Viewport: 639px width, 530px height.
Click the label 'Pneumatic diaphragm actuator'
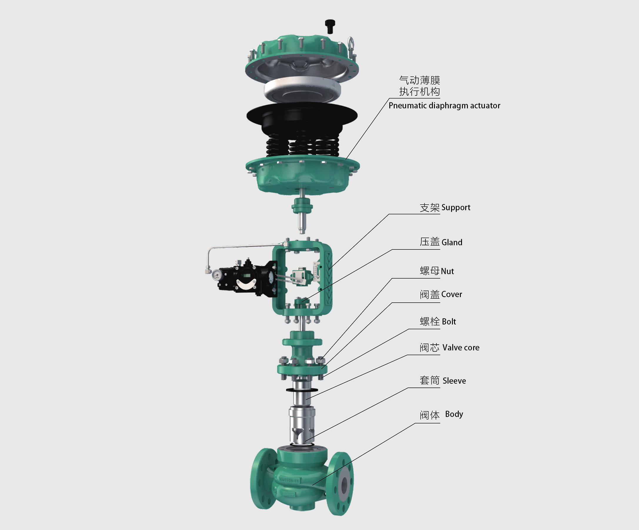[x=444, y=105]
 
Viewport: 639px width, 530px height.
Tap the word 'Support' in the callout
[x=456, y=207]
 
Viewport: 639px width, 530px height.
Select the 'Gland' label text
[x=452, y=242]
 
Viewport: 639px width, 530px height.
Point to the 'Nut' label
[x=447, y=271]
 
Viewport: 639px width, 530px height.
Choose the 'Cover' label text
[x=451, y=294]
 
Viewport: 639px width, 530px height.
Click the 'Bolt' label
[x=448, y=321]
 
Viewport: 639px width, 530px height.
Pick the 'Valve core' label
[x=461, y=347]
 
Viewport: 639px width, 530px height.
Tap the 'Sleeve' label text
[x=454, y=381]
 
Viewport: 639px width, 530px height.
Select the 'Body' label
[x=454, y=414]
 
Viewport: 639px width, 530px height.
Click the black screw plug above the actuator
[x=330, y=26]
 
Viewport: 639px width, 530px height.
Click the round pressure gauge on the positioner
[x=217, y=274]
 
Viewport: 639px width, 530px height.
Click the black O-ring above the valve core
[x=302, y=390]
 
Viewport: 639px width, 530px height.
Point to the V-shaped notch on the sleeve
[x=297, y=433]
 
